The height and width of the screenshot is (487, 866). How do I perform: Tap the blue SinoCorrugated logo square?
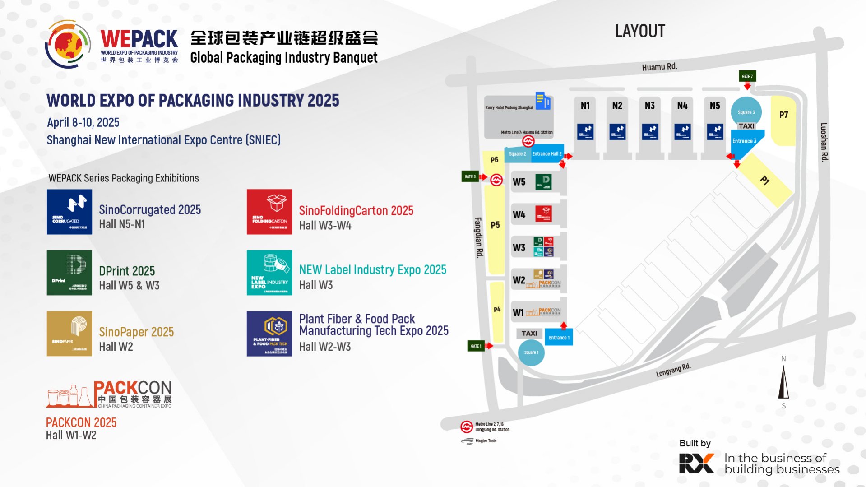point(69,212)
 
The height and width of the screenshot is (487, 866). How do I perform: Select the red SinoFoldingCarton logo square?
point(269,212)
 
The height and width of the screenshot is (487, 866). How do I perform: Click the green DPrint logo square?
point(69,273)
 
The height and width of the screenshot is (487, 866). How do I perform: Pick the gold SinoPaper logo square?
point(69,334)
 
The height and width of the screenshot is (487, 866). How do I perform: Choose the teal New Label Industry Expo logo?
point(269,273)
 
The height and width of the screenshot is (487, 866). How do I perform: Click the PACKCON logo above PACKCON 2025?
point(109,394)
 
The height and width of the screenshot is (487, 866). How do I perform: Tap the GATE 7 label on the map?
point(747,76)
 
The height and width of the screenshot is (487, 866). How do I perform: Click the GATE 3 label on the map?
point(470,176)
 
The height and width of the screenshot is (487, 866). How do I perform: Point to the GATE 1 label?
point(476,346)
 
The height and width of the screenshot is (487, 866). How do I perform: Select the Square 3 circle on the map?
point(746,112)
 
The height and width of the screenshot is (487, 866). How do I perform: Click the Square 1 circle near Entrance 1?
point(531,352)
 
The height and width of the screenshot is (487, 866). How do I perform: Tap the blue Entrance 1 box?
point(559,338)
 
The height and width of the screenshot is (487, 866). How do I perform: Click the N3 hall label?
point(650,106)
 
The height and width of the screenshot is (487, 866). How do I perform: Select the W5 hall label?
point(519,182)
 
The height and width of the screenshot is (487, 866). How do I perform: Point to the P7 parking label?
point(783,115)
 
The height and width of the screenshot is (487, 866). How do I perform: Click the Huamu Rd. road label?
point(659,67)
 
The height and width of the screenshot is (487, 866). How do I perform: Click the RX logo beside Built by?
point(696,463)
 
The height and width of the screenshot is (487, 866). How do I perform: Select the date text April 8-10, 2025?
point(83,123)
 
